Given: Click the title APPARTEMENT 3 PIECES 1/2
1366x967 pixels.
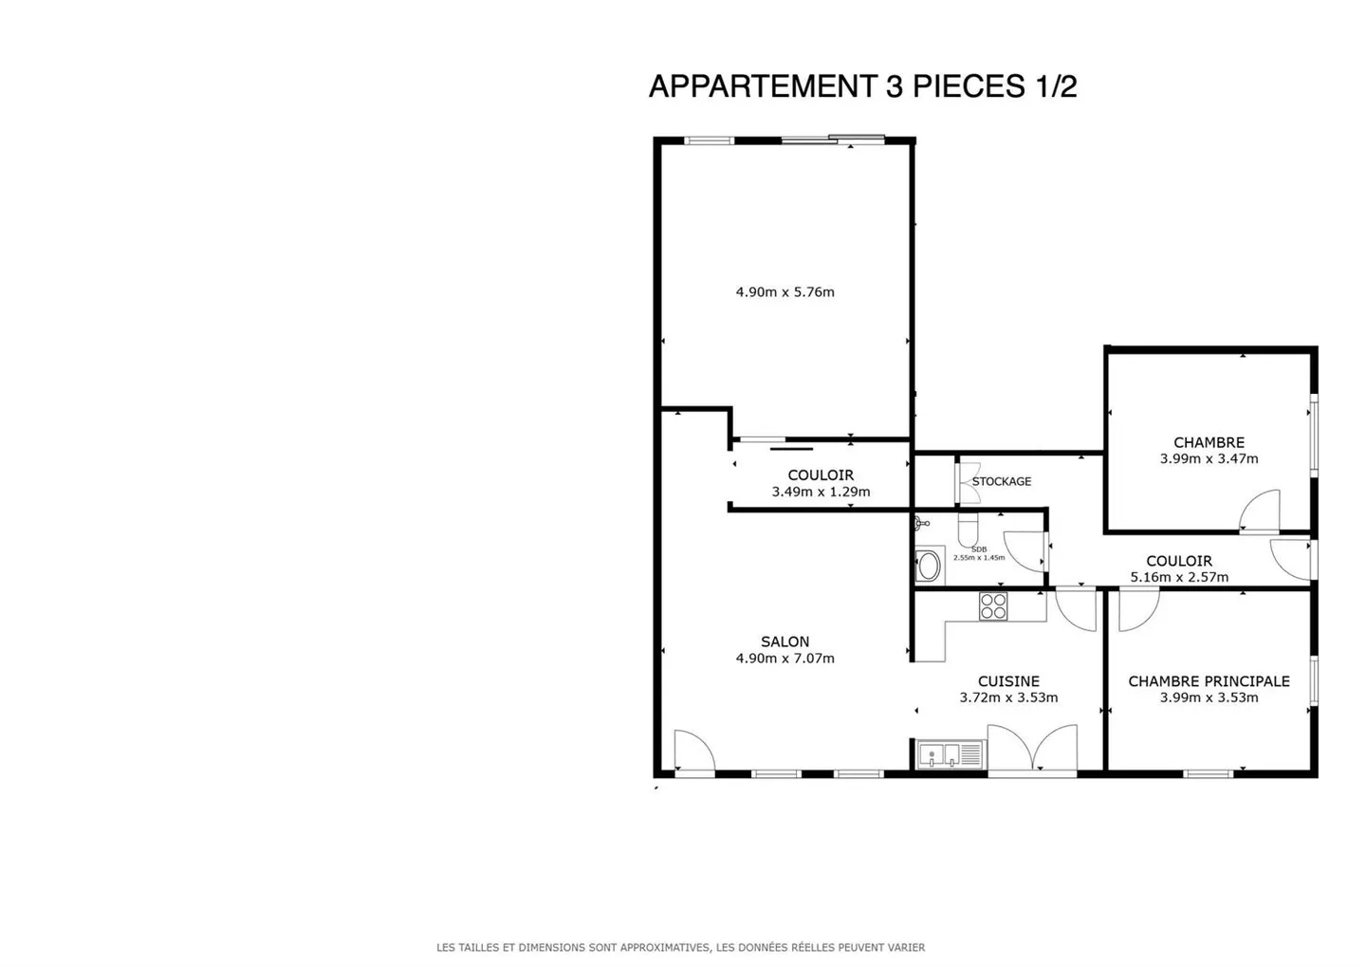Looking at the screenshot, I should coord(862,86).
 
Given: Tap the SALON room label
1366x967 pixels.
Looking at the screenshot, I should coord(785,642).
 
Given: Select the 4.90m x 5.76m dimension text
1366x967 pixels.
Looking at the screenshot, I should coord(785,292).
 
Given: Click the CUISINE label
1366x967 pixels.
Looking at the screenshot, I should coord(1008,681).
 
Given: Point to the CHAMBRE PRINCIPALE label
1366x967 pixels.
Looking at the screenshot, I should coord(1209,681).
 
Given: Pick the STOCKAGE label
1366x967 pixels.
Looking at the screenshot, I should coord(1001,481).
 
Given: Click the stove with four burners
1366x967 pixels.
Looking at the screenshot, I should coord(993,606).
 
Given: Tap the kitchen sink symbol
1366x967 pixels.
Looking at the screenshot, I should coord(950,755).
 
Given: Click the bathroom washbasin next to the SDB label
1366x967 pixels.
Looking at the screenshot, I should coord(928,567).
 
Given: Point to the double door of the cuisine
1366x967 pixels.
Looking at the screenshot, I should coord(1032,750).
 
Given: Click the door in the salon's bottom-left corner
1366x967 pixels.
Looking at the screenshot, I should coord(693,752).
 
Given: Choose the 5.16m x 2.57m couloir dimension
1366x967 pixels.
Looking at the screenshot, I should coord(1179,577).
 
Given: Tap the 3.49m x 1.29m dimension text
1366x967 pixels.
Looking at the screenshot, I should coord(821,492).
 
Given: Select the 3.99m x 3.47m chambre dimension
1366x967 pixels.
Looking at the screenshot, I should coord(1209,458).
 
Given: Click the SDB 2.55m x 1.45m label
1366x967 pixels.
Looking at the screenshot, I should coord(979,553).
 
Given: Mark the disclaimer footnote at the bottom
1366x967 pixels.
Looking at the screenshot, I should coord(680,947).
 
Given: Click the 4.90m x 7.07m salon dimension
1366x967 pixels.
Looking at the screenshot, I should coord(785,658).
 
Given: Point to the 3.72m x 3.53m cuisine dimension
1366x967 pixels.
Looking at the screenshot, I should coord(1008,697).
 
